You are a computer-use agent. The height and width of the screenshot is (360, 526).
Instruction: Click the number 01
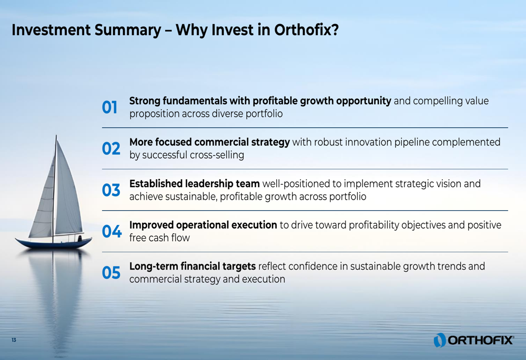110,108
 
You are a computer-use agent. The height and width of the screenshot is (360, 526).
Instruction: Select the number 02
111,149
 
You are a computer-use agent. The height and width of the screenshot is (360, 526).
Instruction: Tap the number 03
111,190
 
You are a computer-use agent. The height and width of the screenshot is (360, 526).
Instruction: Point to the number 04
112,231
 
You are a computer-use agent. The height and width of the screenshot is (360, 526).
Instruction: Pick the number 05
111,273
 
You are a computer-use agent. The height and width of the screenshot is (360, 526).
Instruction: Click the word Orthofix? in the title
307,30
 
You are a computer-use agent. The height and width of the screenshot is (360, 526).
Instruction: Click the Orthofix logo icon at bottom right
440,340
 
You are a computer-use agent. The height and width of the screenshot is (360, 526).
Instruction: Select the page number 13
14,340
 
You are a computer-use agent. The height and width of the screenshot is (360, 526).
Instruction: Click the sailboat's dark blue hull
54,243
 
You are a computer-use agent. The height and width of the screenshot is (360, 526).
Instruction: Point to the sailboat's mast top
56,136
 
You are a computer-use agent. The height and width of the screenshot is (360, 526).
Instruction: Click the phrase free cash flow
160,238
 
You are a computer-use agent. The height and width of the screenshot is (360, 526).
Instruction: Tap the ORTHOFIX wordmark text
480,341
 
